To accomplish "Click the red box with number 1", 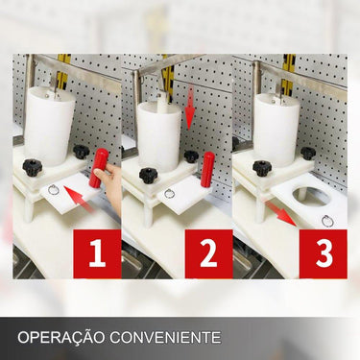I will [97, 253].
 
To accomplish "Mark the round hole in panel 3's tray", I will [313, 196].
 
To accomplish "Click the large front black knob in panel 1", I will [32, 167].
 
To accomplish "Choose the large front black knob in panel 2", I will [148, 176].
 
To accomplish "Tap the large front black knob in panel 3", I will [262, 168].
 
